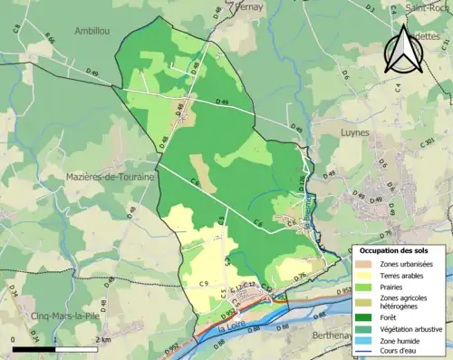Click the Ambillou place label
point(92,30)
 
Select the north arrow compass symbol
point(401,48)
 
